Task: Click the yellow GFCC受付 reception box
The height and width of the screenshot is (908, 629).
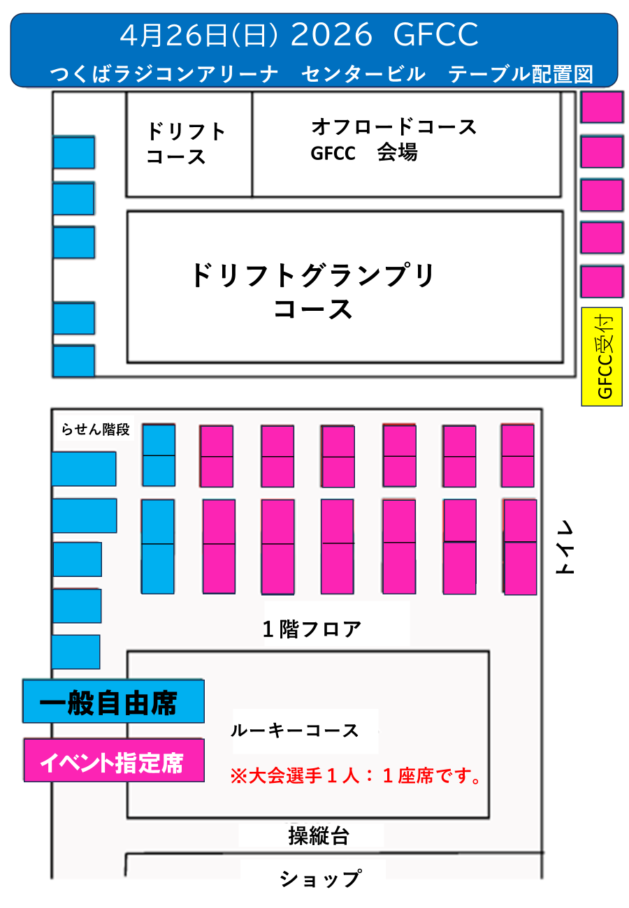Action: (x=602, y=356)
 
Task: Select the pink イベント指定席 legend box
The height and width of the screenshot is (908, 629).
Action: (x=114, y=761)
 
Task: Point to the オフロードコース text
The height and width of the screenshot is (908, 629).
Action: (x=393, y=127)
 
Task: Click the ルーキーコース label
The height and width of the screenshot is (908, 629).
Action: (x=294, y=731)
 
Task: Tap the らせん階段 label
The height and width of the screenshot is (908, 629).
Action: (x=96, y=430)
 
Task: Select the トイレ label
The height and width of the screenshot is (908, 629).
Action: (x=564, y=548)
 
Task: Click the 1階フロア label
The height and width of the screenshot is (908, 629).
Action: (x=312, y=629)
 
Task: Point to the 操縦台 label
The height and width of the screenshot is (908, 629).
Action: (x=319, y=835)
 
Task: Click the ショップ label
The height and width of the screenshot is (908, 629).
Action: (x=320, y=878)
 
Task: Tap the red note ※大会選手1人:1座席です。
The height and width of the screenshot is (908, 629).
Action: (x=356, y=775)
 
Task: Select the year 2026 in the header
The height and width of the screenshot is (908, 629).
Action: (x=331, y=35)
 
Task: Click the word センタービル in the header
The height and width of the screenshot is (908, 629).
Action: (x=363, y=73)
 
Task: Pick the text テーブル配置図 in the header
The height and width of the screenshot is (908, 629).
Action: (x=521, y=73)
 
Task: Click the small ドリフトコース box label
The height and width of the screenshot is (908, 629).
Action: (x=186, y=143)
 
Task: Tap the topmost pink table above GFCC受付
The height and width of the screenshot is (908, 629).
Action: (x=602, y=108)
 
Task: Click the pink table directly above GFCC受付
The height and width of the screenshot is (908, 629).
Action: (x=602, y=281)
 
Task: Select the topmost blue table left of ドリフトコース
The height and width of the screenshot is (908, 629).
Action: (x=74, y=153)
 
